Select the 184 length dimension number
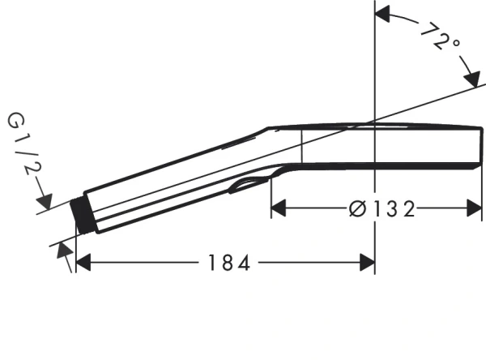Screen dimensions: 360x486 [x=221, y=262]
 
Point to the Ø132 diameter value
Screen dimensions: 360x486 [x=381, y=209]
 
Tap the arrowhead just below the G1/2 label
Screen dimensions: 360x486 [x=44, y=199]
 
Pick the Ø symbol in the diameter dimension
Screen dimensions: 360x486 [x=356, y=209]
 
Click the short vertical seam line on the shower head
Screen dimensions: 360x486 [x=302, y=147]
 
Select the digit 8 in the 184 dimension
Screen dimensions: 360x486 [x=221, y=262]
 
